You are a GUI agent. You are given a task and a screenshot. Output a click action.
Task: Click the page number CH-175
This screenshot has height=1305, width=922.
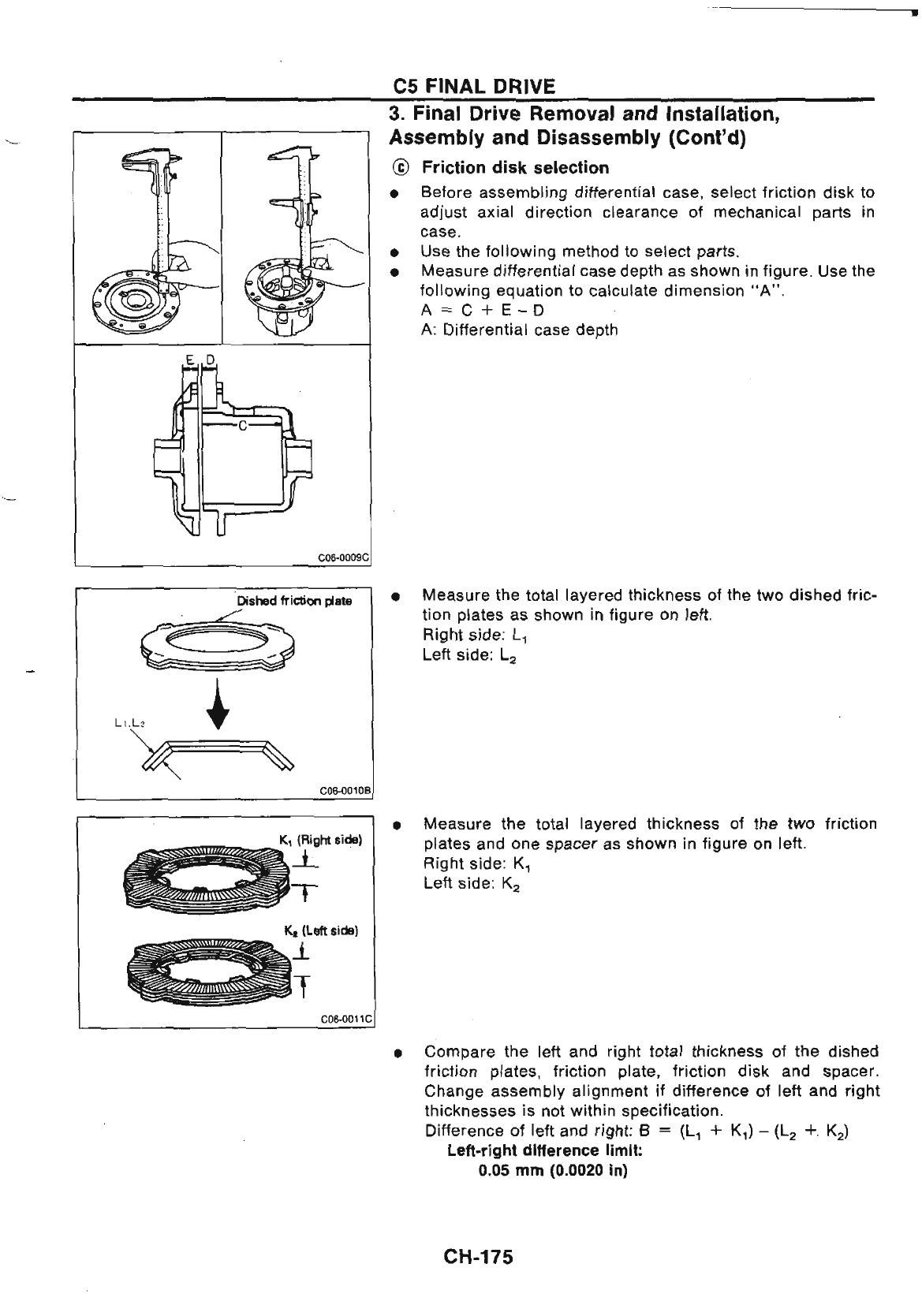[x=478, y=1256]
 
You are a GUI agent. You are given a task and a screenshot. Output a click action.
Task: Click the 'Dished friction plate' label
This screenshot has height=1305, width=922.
[x=294, y=601]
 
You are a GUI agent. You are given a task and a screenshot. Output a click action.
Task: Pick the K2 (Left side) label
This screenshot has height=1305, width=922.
[x=321, y=930]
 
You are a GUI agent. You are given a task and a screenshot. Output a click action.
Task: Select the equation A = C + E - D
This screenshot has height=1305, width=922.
[x=483, y=310]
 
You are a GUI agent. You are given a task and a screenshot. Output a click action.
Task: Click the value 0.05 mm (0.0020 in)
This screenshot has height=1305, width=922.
[x=553, y=1170]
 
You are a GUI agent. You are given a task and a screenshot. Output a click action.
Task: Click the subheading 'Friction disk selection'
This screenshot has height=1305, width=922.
[x=515, y=168]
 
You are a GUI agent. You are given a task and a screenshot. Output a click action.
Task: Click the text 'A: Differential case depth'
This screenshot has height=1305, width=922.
[x=519, y=330]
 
